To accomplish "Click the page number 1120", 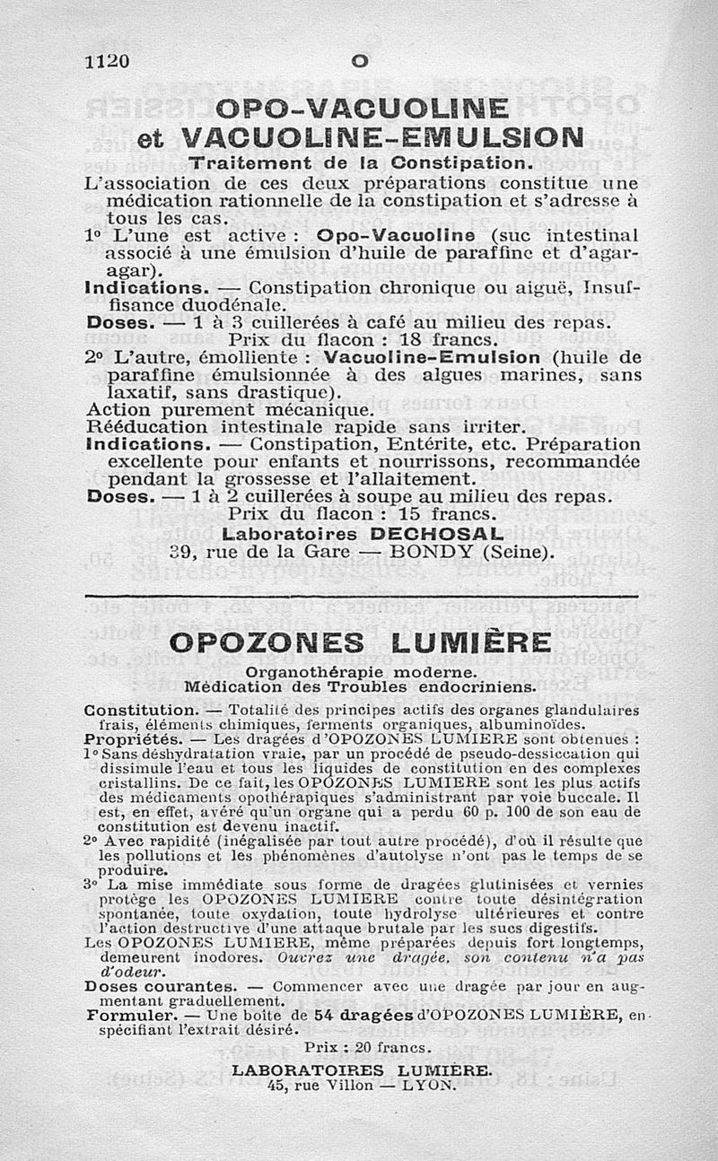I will [x=108, y=62].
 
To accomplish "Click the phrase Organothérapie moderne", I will [x=360, y=672].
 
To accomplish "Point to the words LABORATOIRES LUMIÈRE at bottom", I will [x=362, y=1070].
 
